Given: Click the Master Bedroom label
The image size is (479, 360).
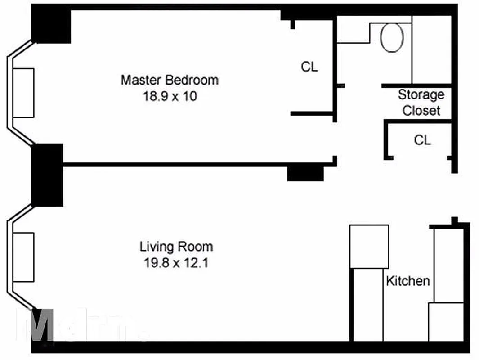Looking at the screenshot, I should tap(170, 80).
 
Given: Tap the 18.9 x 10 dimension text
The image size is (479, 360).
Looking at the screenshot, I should tap(170, 96).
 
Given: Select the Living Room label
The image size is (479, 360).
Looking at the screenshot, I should tap(176, 247).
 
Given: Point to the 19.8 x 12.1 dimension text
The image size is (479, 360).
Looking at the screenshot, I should tap(176, 262).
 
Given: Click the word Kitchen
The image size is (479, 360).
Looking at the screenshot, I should tap(408, 281).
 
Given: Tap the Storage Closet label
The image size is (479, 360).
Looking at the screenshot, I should tap(421, 103).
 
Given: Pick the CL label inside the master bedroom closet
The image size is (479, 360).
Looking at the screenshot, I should tap(309, 67).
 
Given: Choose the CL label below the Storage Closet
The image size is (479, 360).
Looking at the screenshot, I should tap(422, 140).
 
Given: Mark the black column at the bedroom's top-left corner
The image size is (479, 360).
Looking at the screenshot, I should tap(51, 26).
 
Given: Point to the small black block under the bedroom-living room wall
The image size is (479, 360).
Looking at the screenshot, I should tap(305, 174).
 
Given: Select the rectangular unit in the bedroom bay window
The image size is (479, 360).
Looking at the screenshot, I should tap(24, 93).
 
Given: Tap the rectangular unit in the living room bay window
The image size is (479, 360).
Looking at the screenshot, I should tap(24, 257).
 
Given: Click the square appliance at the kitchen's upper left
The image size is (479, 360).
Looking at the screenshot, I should tap(369, 246).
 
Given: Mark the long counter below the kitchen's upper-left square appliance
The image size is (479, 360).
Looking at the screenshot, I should tap(367, 304).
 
